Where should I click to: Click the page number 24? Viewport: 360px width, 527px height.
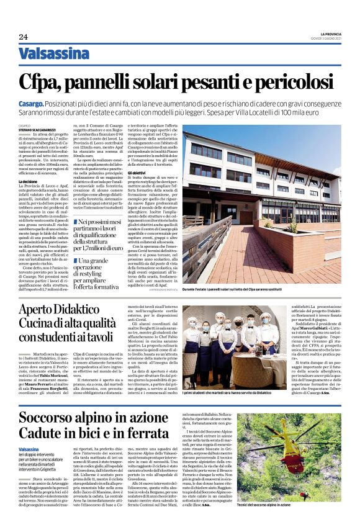[x=23, y=37]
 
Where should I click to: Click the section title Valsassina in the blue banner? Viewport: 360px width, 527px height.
[x=54, y=54]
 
